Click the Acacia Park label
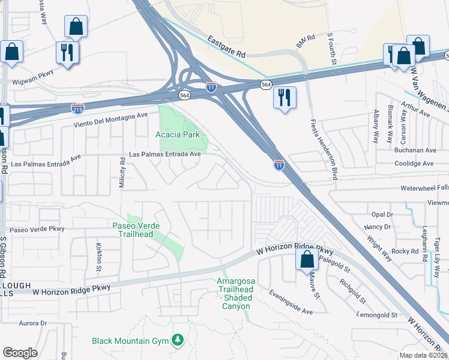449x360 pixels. click(177, 135)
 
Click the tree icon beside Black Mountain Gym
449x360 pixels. click(177, 341)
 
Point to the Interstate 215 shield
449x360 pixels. click(77, 108)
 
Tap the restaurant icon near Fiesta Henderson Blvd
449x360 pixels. click(284, 97)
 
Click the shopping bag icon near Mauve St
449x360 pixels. click(307, 260)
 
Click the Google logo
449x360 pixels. click(20, 353)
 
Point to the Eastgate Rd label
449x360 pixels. click(228, 46)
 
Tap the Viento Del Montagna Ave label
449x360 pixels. click(110, 119)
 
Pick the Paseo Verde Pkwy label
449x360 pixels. click(37, 229)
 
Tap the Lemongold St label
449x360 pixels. click(377, 314)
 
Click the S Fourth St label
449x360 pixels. click(330, 46)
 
